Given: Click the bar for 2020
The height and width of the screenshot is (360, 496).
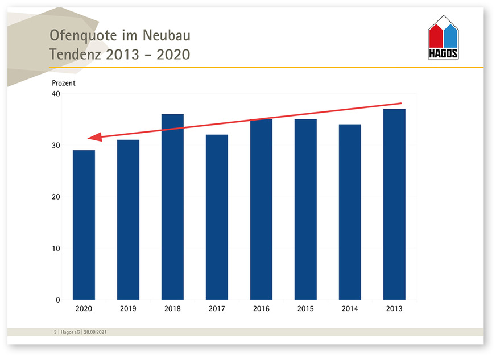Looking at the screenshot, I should coord(84,225).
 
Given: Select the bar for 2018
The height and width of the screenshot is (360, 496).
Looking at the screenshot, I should coord(172,207).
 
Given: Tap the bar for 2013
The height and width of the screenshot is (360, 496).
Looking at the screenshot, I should coord(394,204).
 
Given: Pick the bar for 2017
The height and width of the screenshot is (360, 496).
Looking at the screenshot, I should coord(217,217).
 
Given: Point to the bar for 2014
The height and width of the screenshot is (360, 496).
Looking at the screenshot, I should coord(350,212).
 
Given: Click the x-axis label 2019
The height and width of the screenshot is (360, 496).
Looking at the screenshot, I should coord(128,308).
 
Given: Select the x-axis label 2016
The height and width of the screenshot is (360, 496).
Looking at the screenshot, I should coord(261,308).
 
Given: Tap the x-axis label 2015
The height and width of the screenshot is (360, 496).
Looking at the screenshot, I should coord(305,308).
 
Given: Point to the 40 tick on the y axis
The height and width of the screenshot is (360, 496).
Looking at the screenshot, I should coord(56,94).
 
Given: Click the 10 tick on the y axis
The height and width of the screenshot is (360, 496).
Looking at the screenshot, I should coord(56,249).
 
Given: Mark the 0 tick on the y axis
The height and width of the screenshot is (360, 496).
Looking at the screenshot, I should coord(58,300).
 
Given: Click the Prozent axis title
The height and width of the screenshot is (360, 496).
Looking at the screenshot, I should coord(64,83).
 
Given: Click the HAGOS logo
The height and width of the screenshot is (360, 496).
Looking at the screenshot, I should coord(443,38).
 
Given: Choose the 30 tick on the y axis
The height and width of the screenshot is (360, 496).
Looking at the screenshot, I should coord(56,146).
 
